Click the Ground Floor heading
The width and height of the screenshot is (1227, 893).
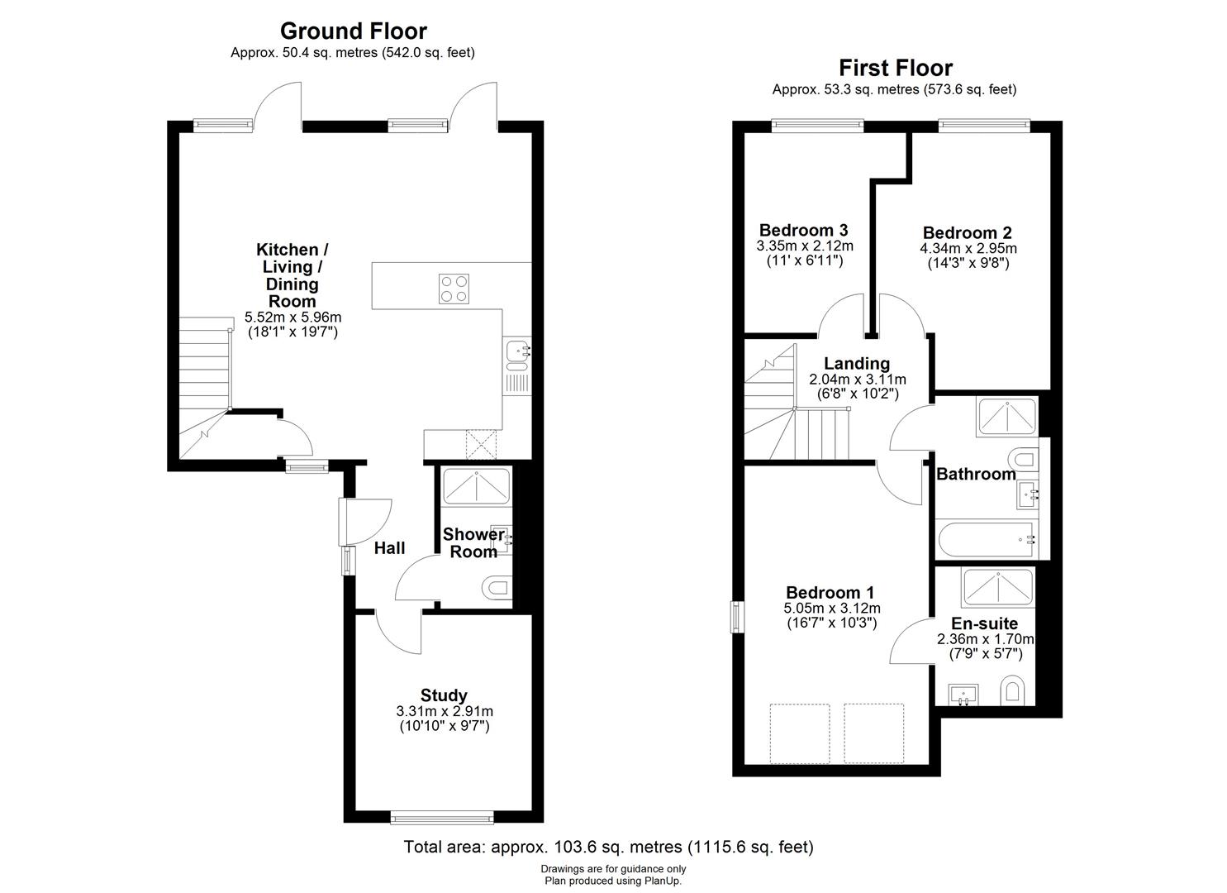point(353,31)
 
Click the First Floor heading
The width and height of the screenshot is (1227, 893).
point(895,68)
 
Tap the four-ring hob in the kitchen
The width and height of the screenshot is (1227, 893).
point(454,289)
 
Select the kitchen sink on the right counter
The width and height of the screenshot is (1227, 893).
point(517,352)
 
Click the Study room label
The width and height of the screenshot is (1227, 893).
point(444,695)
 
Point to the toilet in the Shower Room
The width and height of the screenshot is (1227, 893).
point(496,588)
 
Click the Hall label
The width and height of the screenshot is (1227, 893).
point(389,548)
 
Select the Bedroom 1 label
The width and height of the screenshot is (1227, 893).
point(830,592)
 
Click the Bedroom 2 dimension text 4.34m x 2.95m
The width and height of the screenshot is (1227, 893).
point(968,248)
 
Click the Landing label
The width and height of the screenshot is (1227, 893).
point(857,363)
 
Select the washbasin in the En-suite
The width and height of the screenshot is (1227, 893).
point(963,694)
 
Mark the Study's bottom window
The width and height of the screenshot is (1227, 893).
point(442,819)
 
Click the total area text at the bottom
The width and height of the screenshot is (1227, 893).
point(608,847)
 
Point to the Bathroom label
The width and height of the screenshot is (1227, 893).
point(976,474)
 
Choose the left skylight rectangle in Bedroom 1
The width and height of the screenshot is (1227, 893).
point(799,733)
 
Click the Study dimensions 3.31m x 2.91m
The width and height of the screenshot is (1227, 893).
point(444,711)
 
